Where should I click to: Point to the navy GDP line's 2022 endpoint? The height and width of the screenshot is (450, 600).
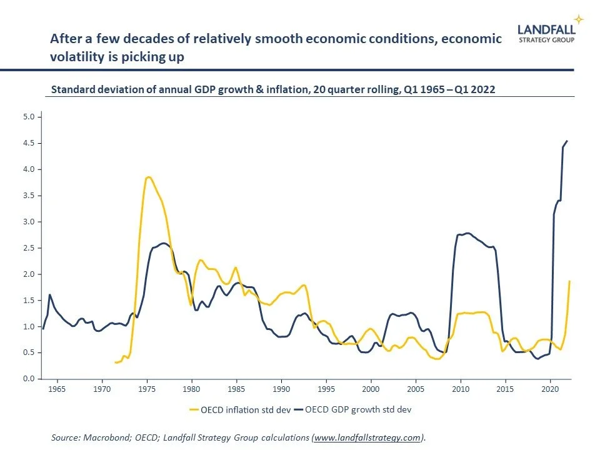[567, 141]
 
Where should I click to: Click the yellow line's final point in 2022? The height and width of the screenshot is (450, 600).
[569, 281]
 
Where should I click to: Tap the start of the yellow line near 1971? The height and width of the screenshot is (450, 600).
[116, 362]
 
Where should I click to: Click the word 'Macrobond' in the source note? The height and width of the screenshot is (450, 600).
[104, 438]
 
